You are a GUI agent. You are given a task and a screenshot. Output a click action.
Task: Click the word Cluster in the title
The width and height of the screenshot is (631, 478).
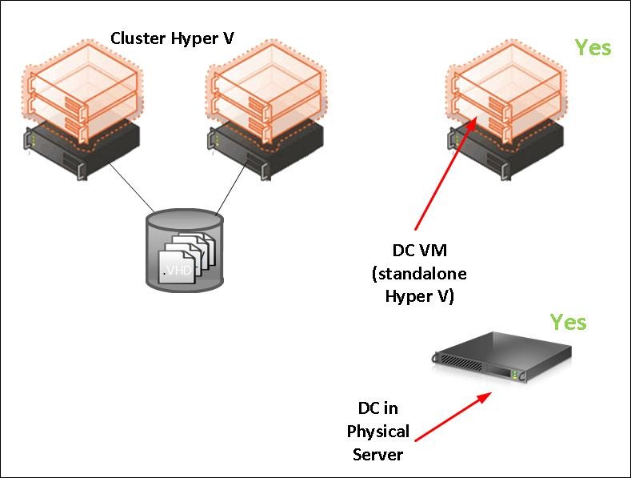click(138, 38)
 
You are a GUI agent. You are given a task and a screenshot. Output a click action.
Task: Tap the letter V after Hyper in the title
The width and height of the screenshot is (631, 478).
click(228, 38)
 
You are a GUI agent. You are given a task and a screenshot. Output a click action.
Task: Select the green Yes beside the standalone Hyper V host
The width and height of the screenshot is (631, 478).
click(593, 47)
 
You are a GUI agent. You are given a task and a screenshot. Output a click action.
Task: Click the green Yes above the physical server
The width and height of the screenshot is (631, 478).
click(569, 323)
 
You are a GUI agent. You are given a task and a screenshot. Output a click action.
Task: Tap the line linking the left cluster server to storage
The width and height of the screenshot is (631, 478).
click(132, 187)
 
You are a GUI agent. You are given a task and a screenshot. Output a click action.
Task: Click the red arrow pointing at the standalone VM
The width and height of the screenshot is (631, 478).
click(446, 173)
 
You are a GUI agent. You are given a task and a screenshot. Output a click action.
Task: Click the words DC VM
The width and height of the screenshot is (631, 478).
click(420, 251)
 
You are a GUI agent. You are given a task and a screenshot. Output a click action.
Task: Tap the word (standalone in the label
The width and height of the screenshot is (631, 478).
click(419, 274)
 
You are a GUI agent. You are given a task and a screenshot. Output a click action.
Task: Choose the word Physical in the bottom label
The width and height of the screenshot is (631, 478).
click(377, 432)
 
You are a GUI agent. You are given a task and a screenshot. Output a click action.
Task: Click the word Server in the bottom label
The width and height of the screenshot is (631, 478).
click(377, 455)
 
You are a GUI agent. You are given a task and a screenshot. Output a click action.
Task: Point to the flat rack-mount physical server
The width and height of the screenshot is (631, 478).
click(501, 357)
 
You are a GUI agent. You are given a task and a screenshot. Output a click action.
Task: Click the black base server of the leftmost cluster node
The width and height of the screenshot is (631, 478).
click(82, 148)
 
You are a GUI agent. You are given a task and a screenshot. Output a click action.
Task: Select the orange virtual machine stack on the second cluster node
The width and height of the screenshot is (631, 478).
click(266, 91)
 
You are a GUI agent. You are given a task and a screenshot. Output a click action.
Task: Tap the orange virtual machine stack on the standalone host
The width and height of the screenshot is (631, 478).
click(507, 91)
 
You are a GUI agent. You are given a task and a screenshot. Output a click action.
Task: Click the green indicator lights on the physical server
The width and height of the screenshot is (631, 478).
click(515, 375)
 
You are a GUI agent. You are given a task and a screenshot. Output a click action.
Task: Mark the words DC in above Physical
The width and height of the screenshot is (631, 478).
click(377, 408)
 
